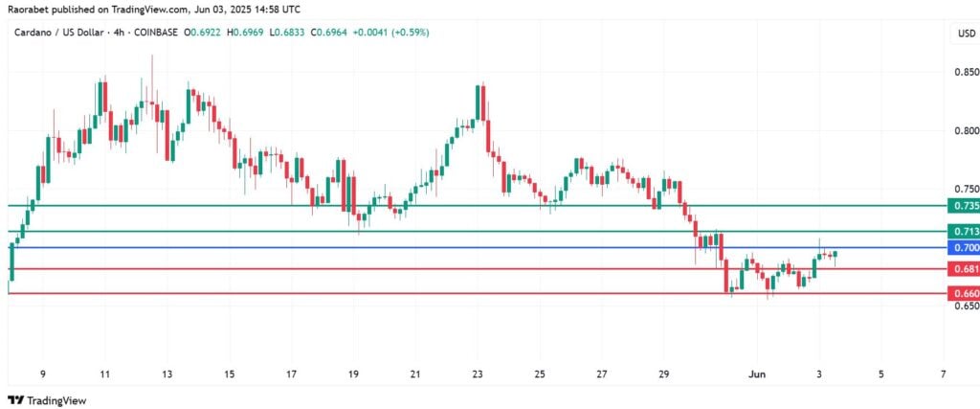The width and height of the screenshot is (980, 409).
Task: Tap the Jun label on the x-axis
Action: point(757,374)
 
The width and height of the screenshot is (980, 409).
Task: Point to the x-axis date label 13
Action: point(167,374)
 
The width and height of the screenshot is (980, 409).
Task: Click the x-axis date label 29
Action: point(664,374)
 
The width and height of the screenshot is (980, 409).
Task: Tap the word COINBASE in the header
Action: point(154,33)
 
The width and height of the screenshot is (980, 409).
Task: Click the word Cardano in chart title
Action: point(34,33)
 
